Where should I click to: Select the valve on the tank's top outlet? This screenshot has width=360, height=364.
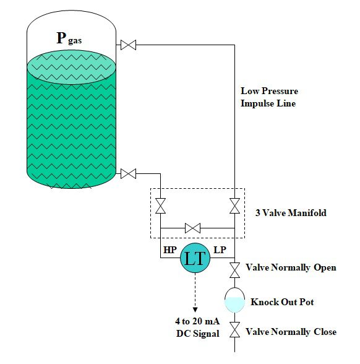tap(129, 45)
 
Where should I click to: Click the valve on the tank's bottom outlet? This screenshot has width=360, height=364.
tap(129, 174)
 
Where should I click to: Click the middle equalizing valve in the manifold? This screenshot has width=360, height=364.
tap(193, 228)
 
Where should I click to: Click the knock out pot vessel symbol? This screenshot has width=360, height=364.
tap(235, 300)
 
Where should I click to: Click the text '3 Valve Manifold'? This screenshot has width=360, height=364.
tap(291, 213)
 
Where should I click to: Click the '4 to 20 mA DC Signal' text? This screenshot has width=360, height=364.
tap(197, 328)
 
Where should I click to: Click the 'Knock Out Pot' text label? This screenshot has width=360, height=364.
tap(282, 302)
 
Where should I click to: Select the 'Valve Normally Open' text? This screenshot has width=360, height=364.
tap(291, 267)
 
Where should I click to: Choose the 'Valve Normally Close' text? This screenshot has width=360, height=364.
tap(291, 332)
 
